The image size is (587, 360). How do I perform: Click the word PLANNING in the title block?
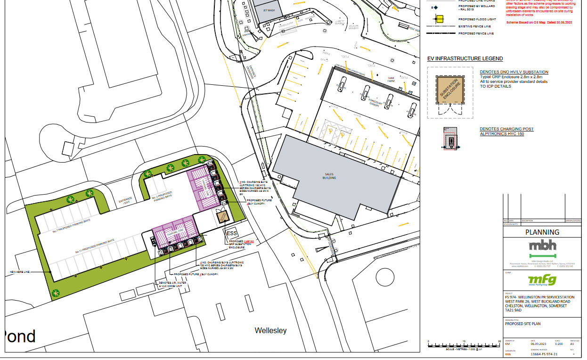point(542,232)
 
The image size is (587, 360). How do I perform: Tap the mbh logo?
point(542,245)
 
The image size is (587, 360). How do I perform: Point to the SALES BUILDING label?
point(329,176)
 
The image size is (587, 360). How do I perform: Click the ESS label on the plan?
point(232,234)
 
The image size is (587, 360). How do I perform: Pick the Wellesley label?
point(270,331)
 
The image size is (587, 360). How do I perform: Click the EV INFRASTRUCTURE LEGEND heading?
point(465,58)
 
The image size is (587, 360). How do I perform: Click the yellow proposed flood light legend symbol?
point(439,19)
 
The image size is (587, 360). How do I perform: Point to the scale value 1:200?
point(559,344)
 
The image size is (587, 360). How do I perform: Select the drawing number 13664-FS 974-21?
point(544,354)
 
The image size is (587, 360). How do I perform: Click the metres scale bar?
point(464,344)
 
